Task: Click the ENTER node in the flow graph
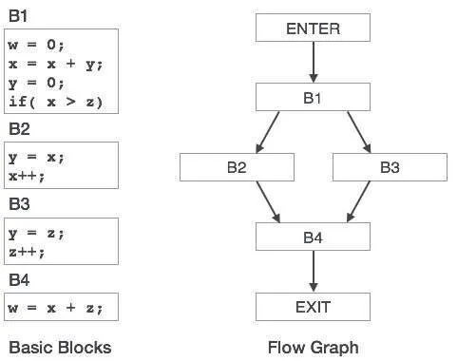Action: pos(313,28)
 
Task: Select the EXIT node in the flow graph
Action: pos(313,306)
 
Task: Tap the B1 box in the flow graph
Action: pos(313,98)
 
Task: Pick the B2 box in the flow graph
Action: pos(237,167)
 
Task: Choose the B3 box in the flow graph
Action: pos(390,167)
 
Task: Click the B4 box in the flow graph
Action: pos(313,237)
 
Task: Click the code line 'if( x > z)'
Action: pos(55,101)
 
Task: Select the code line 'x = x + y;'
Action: pos(55,64)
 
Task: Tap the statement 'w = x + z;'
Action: pos(55,307)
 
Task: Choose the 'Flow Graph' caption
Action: pos(313,347)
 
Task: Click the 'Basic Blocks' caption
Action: pos(60,347)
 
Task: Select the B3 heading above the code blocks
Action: pos(21,204)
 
